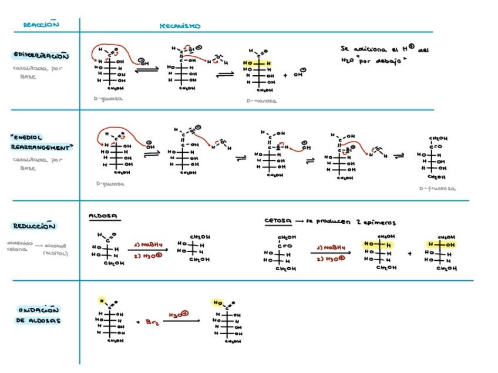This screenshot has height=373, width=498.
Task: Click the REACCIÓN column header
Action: [41, 25]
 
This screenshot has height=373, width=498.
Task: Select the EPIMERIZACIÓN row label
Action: [41, 55]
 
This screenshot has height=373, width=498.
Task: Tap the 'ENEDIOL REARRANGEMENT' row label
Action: [41, 143]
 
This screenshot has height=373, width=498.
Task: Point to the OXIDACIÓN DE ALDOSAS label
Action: [39, 315]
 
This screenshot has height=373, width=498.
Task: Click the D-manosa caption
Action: [262, 101]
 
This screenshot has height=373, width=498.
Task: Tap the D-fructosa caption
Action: [438, 189]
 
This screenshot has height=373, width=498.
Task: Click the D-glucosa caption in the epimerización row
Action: [109, 99]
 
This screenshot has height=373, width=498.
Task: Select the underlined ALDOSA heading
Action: [103, 216]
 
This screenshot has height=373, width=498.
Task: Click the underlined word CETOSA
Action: [278, 222]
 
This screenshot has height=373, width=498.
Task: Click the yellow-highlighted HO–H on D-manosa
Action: [259, 63]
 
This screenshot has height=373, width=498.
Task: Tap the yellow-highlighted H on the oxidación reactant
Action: [101, 301]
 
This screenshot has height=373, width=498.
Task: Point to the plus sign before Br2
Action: [138, 322]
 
